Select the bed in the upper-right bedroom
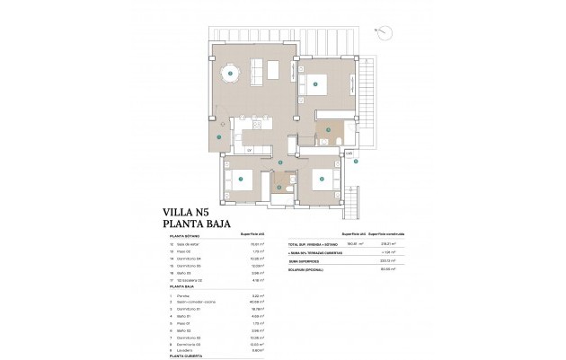coord(317,85)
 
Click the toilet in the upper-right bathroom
coord(333,141)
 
